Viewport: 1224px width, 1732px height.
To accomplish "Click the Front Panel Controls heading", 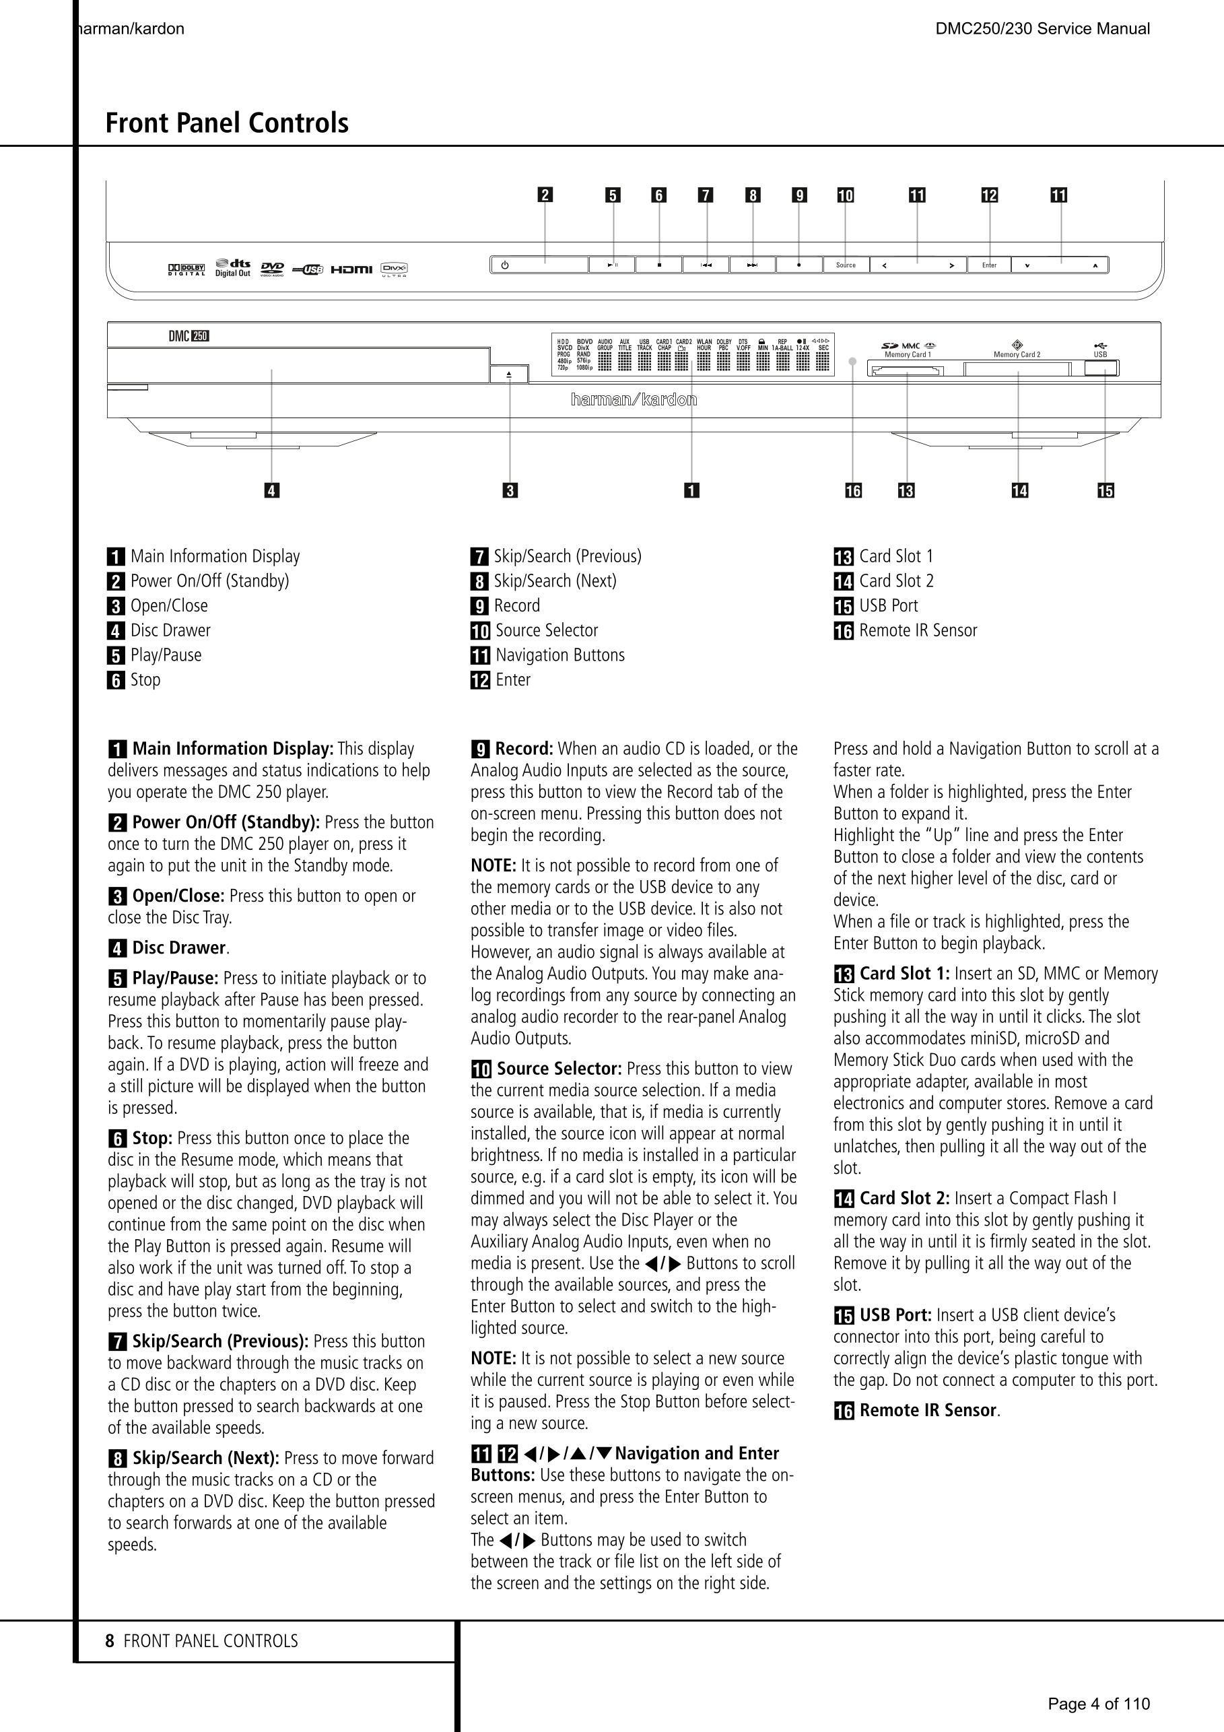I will coord(227,123).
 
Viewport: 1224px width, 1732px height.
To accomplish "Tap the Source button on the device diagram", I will coord(846,265).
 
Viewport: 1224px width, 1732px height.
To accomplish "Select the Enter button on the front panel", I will coord(989,265).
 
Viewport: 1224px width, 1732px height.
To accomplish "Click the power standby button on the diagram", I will coord(539,265).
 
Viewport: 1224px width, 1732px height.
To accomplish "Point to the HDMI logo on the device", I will coord(351,269).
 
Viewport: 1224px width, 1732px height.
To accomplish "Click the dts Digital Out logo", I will coord(233,268).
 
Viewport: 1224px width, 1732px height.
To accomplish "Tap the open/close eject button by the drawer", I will coord(509,374).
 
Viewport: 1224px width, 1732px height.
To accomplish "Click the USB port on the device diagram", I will coord(1102,369).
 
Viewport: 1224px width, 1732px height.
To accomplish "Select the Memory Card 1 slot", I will coord(906,370).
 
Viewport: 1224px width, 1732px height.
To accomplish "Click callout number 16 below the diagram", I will coord(853,491).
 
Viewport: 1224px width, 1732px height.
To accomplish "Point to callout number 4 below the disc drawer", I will coord(271,491).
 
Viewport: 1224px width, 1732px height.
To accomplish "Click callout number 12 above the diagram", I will coord(989,196).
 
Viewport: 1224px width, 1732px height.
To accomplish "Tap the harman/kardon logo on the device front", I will coord(634,400).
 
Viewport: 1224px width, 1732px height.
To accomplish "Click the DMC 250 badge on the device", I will coord(189,337).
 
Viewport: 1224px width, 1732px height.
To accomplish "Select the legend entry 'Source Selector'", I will coord(546,630).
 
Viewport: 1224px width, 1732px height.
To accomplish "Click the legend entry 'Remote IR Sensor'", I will coord(918,630).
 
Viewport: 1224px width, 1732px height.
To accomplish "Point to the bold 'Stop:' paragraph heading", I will coord(153,1138).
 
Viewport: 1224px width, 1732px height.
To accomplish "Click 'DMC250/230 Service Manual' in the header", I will coord(1042,30).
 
